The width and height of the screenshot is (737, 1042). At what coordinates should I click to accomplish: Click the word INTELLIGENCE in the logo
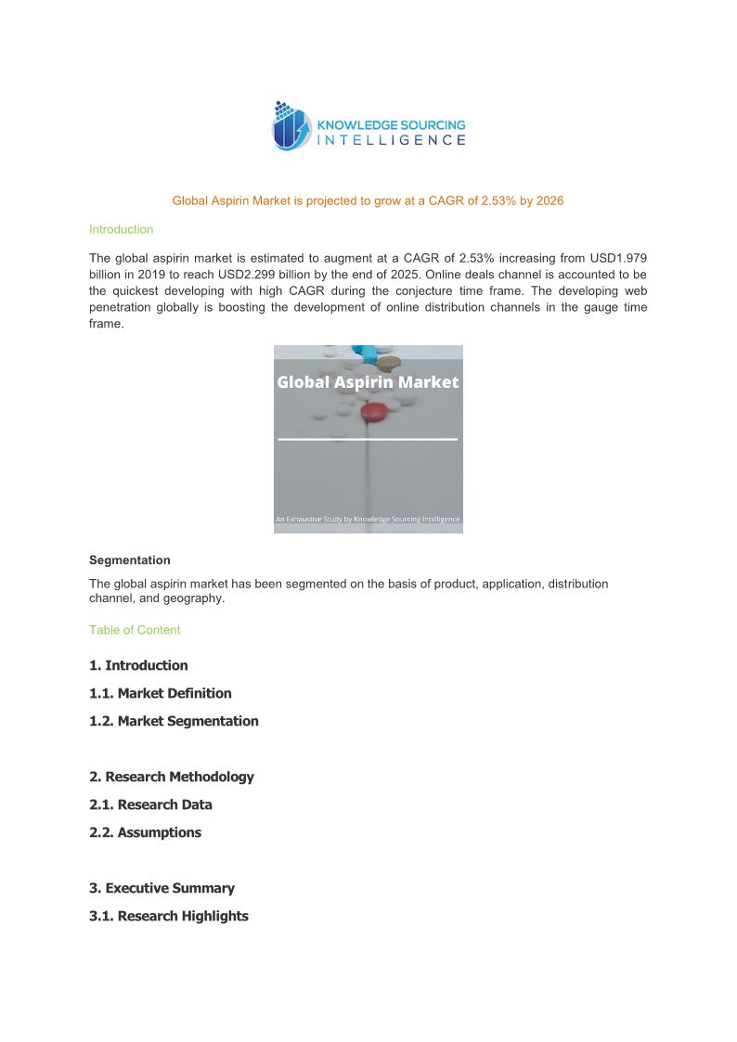click(x=392, y=140)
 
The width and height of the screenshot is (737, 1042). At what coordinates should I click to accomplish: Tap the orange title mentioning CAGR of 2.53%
click(x=368, y=200)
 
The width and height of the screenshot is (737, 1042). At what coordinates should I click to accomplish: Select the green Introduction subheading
click(x=121, y=229)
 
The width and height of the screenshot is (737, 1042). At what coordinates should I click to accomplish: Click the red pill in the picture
click(x=373, y=411)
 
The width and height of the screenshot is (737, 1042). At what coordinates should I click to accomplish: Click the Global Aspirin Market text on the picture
click(x=368, y=382)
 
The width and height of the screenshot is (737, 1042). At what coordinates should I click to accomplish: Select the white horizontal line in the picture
click(x=368, y=439)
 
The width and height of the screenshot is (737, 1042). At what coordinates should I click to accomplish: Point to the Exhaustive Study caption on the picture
click(x=368, y=520)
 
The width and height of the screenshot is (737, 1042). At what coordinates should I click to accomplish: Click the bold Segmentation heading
click(x=130, y=560)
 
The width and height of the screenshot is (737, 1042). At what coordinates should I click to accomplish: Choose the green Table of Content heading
click(x=135, y=630)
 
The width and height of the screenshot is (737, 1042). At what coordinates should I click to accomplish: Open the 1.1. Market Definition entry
click(x=161, y=693)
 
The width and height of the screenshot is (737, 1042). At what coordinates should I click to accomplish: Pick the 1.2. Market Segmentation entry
click(x=174, y=721)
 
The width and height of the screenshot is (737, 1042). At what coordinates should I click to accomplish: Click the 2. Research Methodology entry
click(x=172, y=777)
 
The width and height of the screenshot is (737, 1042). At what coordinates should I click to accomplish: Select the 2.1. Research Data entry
click(x=150, y=804)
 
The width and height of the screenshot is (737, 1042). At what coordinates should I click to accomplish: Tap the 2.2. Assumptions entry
click(x=145, y=832)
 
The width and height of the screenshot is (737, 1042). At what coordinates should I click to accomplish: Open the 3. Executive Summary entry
click(x=162, y=888)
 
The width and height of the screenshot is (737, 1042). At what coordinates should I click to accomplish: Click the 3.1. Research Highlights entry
click(x=169, y=916)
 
